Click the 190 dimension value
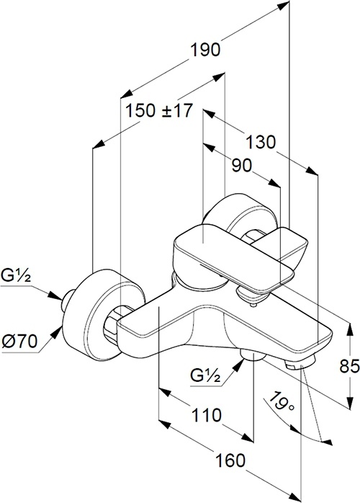[x=205, y=50]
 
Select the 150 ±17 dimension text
[x=158, y=111]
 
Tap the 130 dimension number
[x=261, y=142]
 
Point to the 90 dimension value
[x=243, y=166]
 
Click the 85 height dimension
[x=349, y=366]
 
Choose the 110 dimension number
[x=206, y=415]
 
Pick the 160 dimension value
[x=230, y=460]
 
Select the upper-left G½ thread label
[x=16, y=275]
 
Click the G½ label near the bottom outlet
[x=205, y=375]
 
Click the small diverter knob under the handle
[x=251, y=296]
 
